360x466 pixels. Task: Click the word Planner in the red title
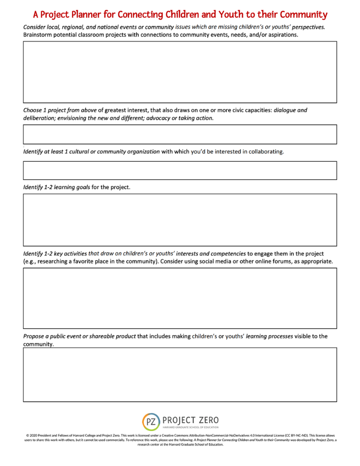click(x=93, y=15)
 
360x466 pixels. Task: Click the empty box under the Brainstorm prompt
click(x=180, y=72)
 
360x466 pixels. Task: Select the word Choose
click(x=34, y=110)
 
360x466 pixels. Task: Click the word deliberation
click(x=43, y=118)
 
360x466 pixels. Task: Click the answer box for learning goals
click(x=180, y=219)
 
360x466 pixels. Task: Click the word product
click(x=123, y=336)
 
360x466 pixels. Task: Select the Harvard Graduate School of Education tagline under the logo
click(x=190, y=427)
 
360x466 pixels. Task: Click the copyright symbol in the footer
click(x=27, y=436)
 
